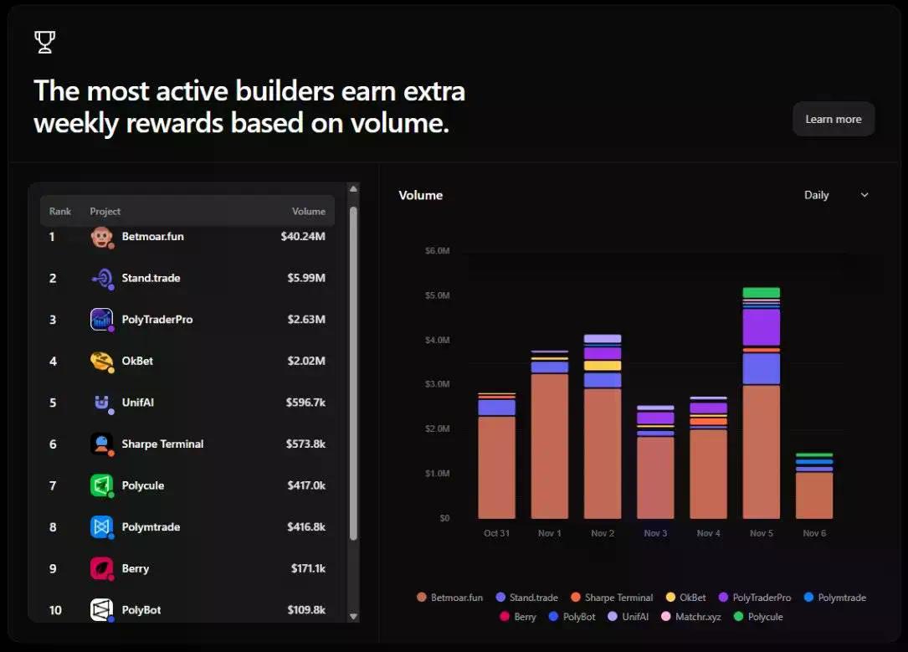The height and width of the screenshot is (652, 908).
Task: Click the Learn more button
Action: [x=833, y=119]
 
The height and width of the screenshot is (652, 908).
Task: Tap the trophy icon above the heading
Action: [x=44, y=42]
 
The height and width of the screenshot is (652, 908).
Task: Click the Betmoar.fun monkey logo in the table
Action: [x=101, y=237]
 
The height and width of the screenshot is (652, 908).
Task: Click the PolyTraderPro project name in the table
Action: [x=157, y=319]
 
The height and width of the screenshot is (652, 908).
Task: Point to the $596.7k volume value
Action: [x=305, y=403]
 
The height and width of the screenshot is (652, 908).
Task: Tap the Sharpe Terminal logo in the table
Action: [x=101, y=444]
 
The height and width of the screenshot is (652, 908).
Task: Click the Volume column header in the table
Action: [x=308, y=211]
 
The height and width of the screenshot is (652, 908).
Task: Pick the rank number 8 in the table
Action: [x=53, y=527]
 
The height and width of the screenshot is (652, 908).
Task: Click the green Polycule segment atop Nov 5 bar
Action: [x=761, y=293]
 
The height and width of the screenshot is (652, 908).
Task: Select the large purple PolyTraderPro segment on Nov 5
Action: [x=761, y=327]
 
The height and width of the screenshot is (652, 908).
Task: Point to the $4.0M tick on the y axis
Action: [x=438, y=341]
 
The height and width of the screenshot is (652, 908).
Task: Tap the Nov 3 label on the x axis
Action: [x=655, y=533]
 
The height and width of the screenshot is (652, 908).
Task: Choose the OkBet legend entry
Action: [x=686, y=598]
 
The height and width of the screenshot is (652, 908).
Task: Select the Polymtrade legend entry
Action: [x=834, y=598]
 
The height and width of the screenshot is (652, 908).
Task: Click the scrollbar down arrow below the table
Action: [x=353, y=616]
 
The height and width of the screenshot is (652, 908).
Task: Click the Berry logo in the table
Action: [x=101, y=568]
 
